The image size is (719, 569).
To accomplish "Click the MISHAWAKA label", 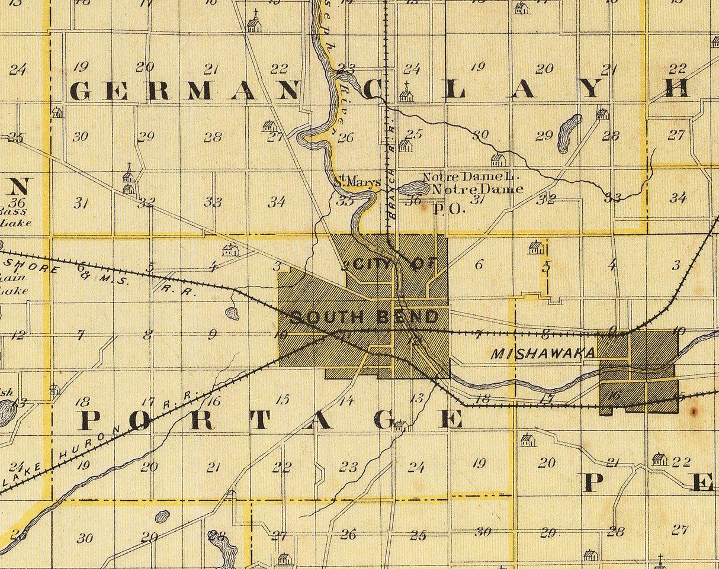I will point(543,353).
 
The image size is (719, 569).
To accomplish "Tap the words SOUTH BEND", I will point(364,317).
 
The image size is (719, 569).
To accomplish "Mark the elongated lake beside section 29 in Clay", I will point(569,132).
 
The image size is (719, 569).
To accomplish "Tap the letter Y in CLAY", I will point(592,89).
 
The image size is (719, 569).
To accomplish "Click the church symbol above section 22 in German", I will point(254,22).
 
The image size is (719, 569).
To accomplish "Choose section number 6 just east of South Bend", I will point(479,265).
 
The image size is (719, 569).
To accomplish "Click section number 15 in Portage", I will point(283,399).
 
